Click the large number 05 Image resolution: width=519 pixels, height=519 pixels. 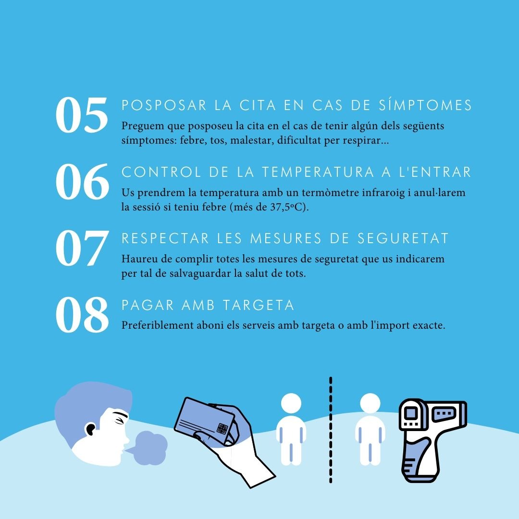(82, 115)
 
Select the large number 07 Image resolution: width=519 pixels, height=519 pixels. (82, 248)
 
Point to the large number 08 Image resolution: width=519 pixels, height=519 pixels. (82, 314)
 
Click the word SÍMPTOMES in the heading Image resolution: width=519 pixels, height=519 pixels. (425, 105)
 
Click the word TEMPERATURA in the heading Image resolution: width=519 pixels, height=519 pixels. (318, 172)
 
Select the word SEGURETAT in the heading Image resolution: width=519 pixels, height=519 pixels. (403, 238)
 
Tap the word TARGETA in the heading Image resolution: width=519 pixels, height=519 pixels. (259, 305)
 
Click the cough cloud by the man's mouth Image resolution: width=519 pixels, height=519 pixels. (148, 447)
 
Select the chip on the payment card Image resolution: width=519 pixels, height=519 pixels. (222, 428)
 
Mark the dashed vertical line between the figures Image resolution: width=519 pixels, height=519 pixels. (331, 430)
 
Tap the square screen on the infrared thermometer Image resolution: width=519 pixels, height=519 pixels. (411, 413)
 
